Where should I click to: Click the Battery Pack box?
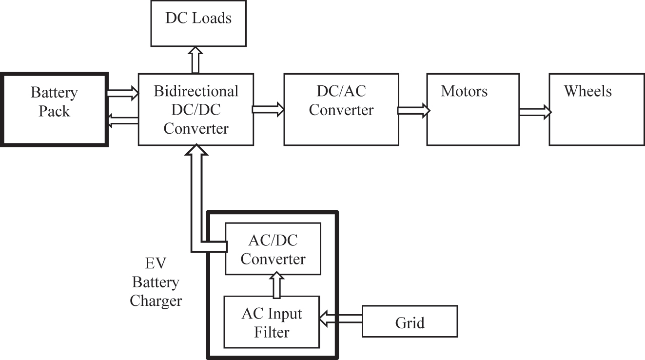(x=54, y=109)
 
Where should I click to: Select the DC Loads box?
(x=198, y=23)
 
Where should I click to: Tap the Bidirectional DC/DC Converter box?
(x=196, y=109)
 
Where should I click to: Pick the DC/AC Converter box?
(x=341, y=109)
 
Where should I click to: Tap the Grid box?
(x=410, y=321)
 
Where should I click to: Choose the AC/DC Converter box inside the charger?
(x=273, y=249)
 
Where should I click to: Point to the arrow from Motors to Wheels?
(x=535, y=112)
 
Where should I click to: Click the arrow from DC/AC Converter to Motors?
(x=413, y=111)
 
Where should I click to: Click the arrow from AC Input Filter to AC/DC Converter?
(x=277, y=285)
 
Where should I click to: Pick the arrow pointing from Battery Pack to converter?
(x=122, y=91)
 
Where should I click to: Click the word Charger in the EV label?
(x=156, y=300)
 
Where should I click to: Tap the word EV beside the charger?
(x=156, y=264)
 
